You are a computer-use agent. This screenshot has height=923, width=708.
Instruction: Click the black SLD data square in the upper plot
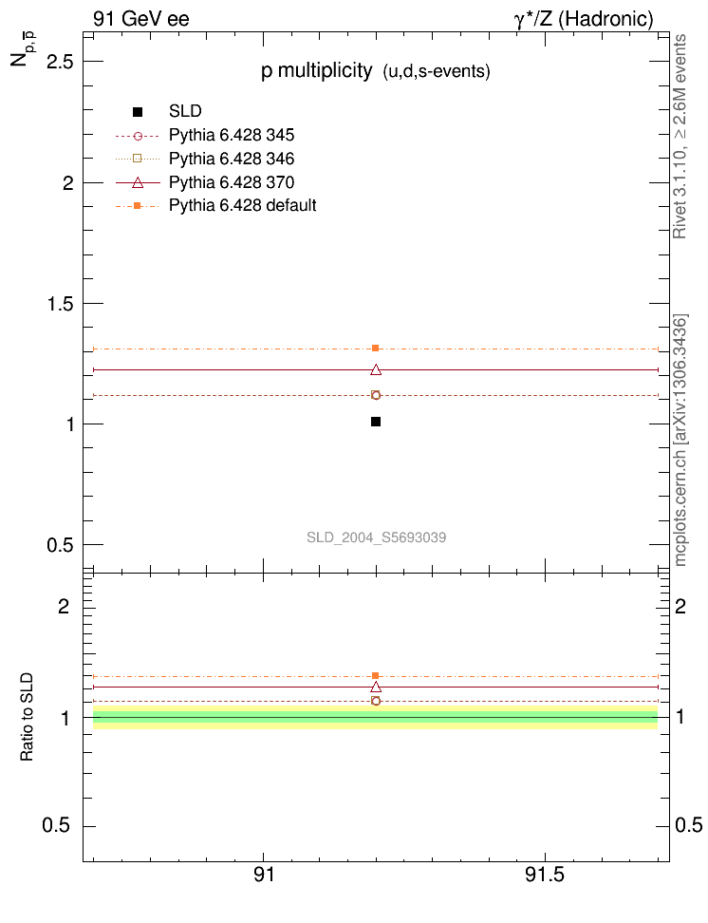point(376,422)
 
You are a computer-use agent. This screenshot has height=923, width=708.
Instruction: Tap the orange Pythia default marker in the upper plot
point(376,348)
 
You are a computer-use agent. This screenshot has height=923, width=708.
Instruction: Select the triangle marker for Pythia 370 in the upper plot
point(376,369)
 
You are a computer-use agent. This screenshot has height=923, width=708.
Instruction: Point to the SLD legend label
point(185,111)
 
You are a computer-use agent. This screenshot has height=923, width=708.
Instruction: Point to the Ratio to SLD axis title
point(28,718)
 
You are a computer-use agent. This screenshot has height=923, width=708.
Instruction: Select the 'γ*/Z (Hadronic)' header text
point(581,19)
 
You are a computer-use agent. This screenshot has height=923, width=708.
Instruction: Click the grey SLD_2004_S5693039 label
point(376,537)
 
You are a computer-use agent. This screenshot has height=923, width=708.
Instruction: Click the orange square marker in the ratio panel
point(376,676)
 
